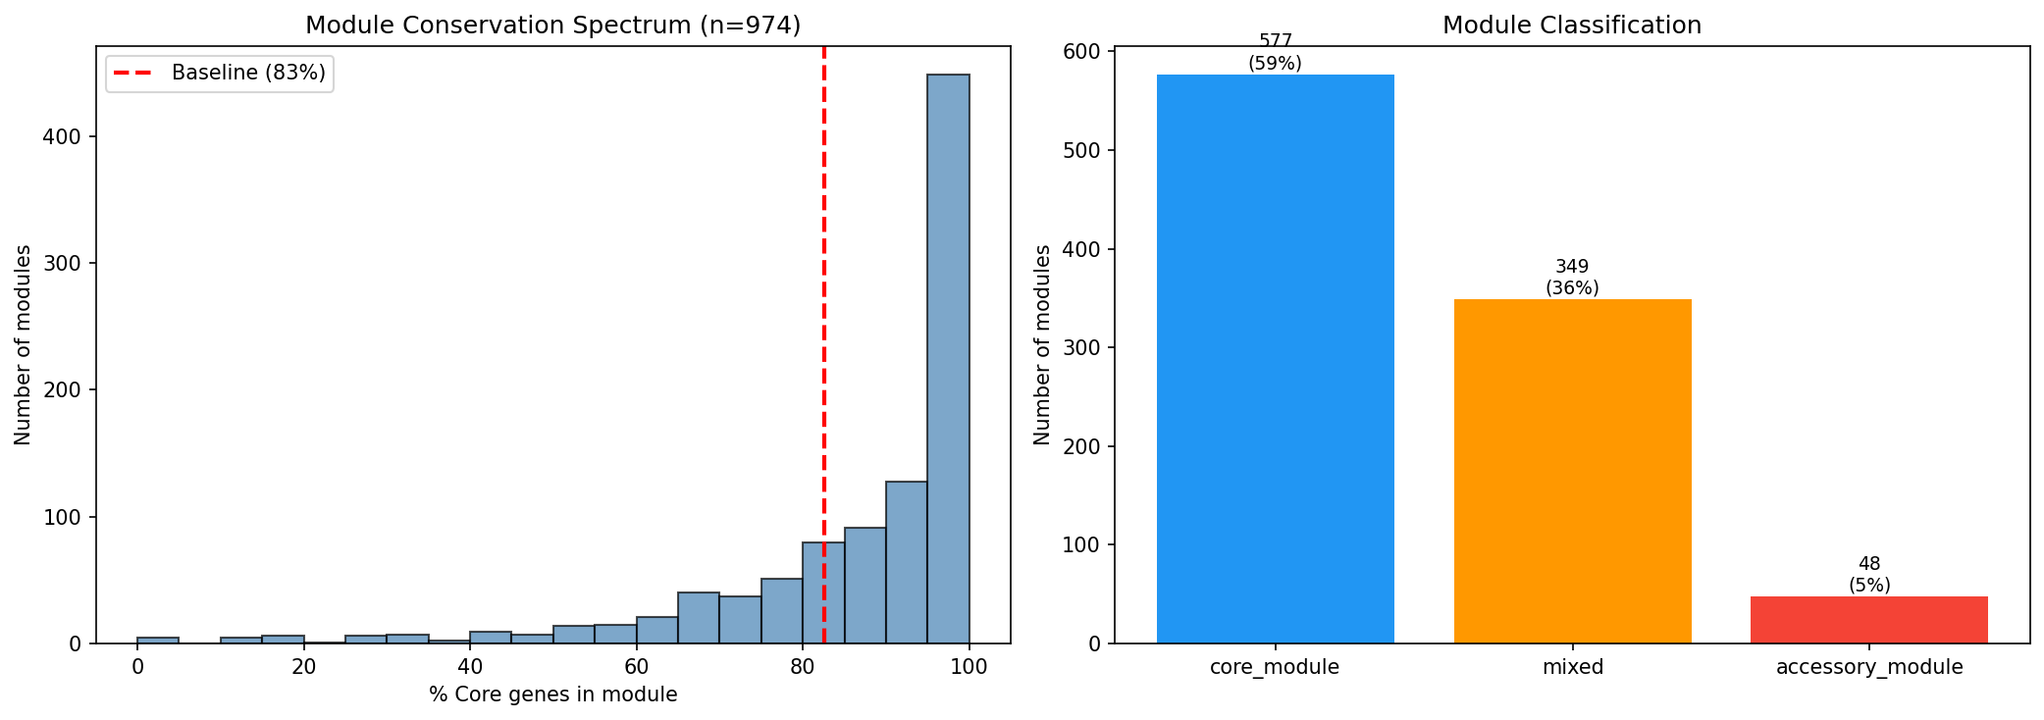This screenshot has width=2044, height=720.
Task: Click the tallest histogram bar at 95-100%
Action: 948,359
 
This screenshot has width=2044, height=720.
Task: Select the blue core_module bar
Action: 1275,359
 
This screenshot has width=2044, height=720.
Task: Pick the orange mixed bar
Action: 1572,471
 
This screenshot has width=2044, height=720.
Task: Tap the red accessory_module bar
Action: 1868,620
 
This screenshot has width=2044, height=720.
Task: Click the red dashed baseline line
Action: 823,294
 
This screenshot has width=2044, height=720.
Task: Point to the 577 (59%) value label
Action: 1275,52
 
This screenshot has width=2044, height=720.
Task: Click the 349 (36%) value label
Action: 1572,278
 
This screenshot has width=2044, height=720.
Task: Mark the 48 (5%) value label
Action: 1868,575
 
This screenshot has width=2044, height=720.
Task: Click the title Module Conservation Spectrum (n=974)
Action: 552,26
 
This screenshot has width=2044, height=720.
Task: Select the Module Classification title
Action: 1571,26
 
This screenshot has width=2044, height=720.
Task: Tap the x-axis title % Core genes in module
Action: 552,695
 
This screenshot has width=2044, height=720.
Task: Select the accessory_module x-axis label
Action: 1868,668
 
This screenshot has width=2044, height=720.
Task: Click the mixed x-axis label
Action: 1572,668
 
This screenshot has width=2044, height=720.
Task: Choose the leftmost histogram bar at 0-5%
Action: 158,641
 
